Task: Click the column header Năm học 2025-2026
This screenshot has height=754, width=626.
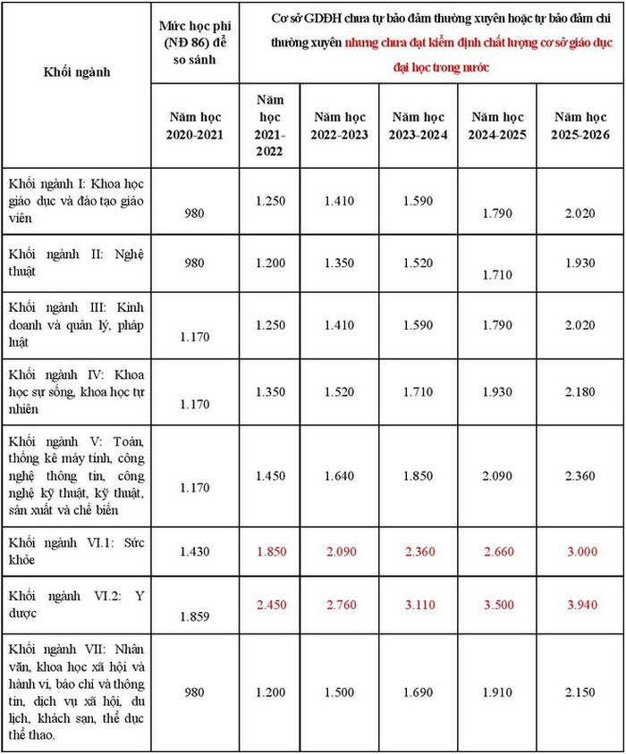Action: pos(580,125)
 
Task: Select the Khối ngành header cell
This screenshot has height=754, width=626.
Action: pos(77,71)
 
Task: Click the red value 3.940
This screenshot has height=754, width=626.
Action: pos(580,606)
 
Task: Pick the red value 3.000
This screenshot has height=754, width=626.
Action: pos(580,552)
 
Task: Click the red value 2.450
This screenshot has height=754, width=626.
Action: pos(269,606)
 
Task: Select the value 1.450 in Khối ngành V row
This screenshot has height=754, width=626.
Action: pos(269,477)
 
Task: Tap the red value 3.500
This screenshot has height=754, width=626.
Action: pos(498,606)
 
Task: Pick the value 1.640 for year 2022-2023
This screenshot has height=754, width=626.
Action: pos(339,477)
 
